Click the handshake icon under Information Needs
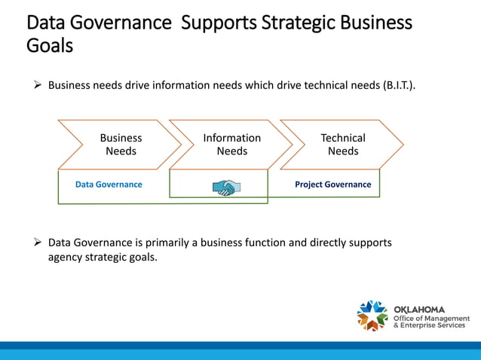[x=226, y=187]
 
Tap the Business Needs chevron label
[x=121, y=145]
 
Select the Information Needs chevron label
[x=232, y=145]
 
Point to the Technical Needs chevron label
[x=343, y=145]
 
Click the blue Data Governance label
[x=109, y=185]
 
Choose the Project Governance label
[x=332, y=185]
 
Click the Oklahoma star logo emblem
[x=372, y=316]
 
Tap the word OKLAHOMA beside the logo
[x=419, y=310]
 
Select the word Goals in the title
[x=50, y=46]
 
